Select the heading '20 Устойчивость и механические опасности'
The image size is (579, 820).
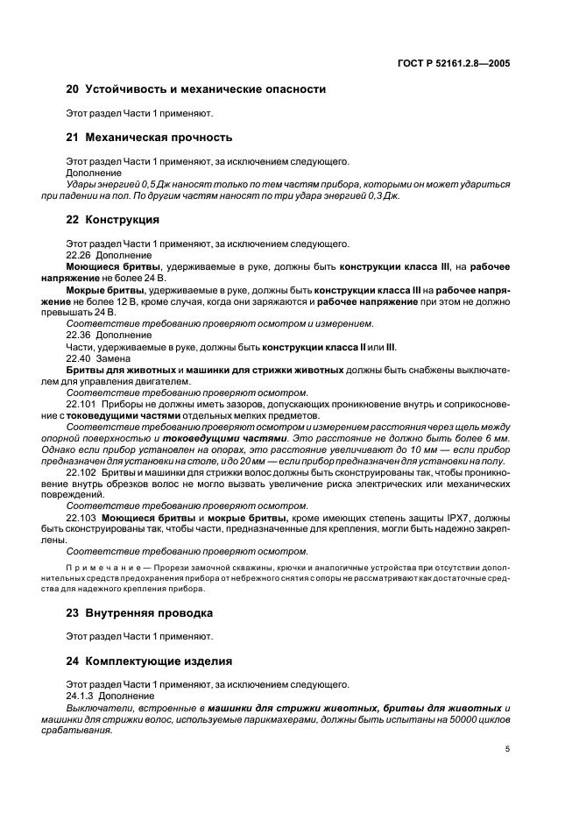(x=196, y=89)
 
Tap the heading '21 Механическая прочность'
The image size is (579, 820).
(x=150, y=138)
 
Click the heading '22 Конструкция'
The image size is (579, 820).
(x=113, y=220)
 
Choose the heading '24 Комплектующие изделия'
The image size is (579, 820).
(x=150, y=661)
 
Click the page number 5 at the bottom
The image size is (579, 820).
(x=508, y=750)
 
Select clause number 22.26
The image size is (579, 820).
(x=80, y=255)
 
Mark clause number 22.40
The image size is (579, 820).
(x=80, y=358)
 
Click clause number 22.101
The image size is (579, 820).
(x=82, y=404)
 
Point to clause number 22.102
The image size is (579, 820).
(x=82, y=472)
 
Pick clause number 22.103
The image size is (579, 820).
(x=82, y=518)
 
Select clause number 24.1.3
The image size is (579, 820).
(x=81, y=696)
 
